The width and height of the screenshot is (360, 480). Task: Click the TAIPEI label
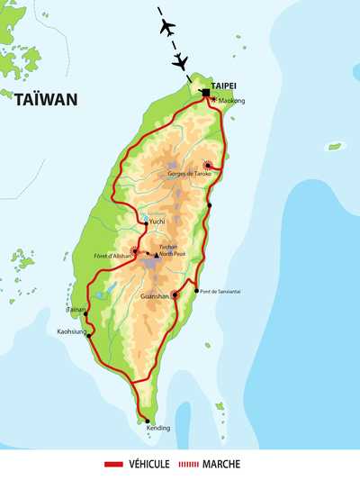pos(223,85)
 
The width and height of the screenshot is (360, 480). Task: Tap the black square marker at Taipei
pos(205,93)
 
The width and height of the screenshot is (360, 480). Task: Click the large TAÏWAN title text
pos(47,100)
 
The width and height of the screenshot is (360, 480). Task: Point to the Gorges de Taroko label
pos(189,173)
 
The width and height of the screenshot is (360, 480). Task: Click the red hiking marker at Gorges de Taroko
pos(209,164)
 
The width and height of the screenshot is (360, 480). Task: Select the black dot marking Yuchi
pos(145,222)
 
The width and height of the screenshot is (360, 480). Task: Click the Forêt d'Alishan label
pos(113,257)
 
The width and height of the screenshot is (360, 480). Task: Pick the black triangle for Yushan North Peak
pos(156,256)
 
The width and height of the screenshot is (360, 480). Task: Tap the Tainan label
pos(75,309)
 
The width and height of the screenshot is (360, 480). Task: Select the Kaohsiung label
pos(72,331)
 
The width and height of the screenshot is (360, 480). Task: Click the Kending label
pos(157,428)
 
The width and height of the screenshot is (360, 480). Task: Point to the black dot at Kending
pos(144,421)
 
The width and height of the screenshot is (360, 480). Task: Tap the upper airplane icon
pos(167,28)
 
